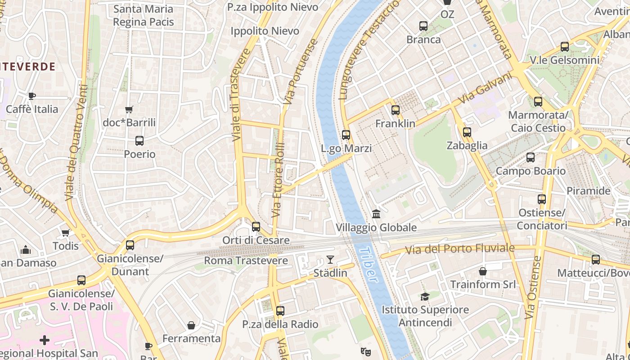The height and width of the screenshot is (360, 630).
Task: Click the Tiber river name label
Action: tap(369, 265)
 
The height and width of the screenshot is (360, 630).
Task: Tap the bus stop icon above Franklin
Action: tap(396, 110)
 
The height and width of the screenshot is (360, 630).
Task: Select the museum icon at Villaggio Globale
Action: tap(376, 213)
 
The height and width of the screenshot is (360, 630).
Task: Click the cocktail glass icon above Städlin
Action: tap(330, 259)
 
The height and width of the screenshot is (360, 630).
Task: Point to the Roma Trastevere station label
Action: tap(246, 261)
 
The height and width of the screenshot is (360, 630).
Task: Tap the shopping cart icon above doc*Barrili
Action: tap(129, 109)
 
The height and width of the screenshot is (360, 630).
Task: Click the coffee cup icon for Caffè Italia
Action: tap(32, 95)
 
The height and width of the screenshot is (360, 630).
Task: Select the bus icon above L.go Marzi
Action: tap(346, 135)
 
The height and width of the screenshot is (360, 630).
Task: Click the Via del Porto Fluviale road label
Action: tap(460, 249)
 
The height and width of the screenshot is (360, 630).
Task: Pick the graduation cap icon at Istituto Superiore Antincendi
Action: tap(425, 296)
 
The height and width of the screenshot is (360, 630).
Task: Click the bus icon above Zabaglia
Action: tap(467, 132)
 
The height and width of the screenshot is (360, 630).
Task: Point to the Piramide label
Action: tap(588, 191)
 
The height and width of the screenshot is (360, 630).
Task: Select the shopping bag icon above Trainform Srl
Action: tap(483, 271)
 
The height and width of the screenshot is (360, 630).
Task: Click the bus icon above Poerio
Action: tap(139, 140)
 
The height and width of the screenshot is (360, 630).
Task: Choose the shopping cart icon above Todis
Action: tap(66, 233)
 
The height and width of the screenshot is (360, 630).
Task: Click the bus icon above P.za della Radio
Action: tap(280, 310)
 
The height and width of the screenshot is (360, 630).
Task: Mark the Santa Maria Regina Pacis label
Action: tap(143, 15)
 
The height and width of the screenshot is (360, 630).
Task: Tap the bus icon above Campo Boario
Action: tap(531, 157)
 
